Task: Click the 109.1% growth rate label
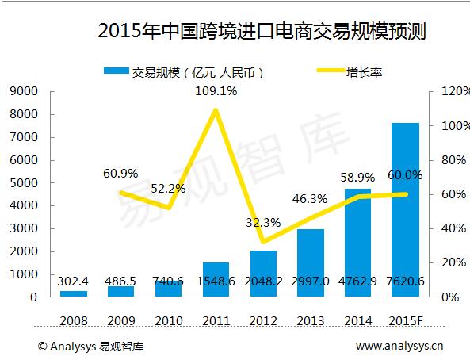point(216,91)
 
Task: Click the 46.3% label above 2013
point(311,199)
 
